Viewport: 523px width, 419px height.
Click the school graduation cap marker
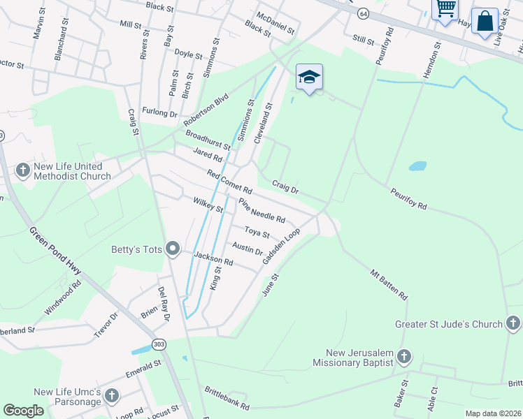[x=309, y=77]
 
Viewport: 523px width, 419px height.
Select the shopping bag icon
[x=485, y=21]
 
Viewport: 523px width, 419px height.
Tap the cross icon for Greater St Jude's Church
[x=513, y=323]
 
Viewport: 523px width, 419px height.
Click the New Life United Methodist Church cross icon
[x=22, y=170]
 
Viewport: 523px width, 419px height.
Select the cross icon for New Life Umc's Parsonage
[x=112, y=397]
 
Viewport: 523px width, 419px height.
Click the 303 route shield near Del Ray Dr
[x=159, y=345]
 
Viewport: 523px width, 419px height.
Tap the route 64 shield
[x=363, y=13]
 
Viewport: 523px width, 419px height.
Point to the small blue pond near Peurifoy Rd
[x=417, y=167]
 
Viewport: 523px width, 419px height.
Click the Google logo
[x=23, y=410]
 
